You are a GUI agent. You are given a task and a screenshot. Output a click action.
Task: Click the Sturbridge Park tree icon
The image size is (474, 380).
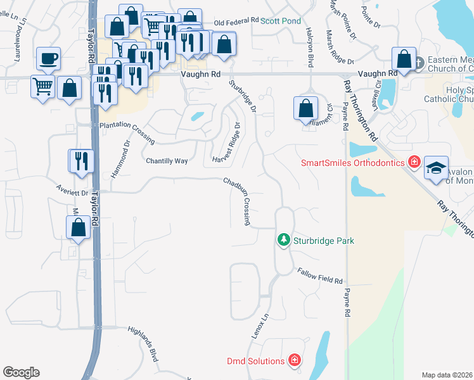point(284,239)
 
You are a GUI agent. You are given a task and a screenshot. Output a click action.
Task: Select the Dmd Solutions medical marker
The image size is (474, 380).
point(294,361)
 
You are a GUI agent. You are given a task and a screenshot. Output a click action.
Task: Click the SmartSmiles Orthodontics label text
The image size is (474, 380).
point(352,163)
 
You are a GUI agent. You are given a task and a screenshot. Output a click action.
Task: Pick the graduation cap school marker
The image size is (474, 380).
point(436,168)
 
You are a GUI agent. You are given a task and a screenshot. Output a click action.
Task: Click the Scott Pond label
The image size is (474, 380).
point(281,21)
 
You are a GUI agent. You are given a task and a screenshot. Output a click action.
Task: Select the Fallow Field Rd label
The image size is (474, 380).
point(320,276)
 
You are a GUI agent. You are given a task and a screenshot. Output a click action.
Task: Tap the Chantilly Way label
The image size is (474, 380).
point(167,161)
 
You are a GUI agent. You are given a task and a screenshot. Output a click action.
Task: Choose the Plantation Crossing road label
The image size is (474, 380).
point(127,127)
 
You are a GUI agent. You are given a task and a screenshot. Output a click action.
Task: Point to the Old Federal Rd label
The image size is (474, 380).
point(237,22)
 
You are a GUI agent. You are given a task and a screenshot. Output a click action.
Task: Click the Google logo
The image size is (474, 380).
point(21,372)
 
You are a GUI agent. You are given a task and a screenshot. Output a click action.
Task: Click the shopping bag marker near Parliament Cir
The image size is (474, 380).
point(306,108)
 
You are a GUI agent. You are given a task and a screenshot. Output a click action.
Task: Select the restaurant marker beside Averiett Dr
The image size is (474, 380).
point(82,161)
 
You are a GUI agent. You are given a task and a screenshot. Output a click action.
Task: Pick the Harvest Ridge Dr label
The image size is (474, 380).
point(228,141)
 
